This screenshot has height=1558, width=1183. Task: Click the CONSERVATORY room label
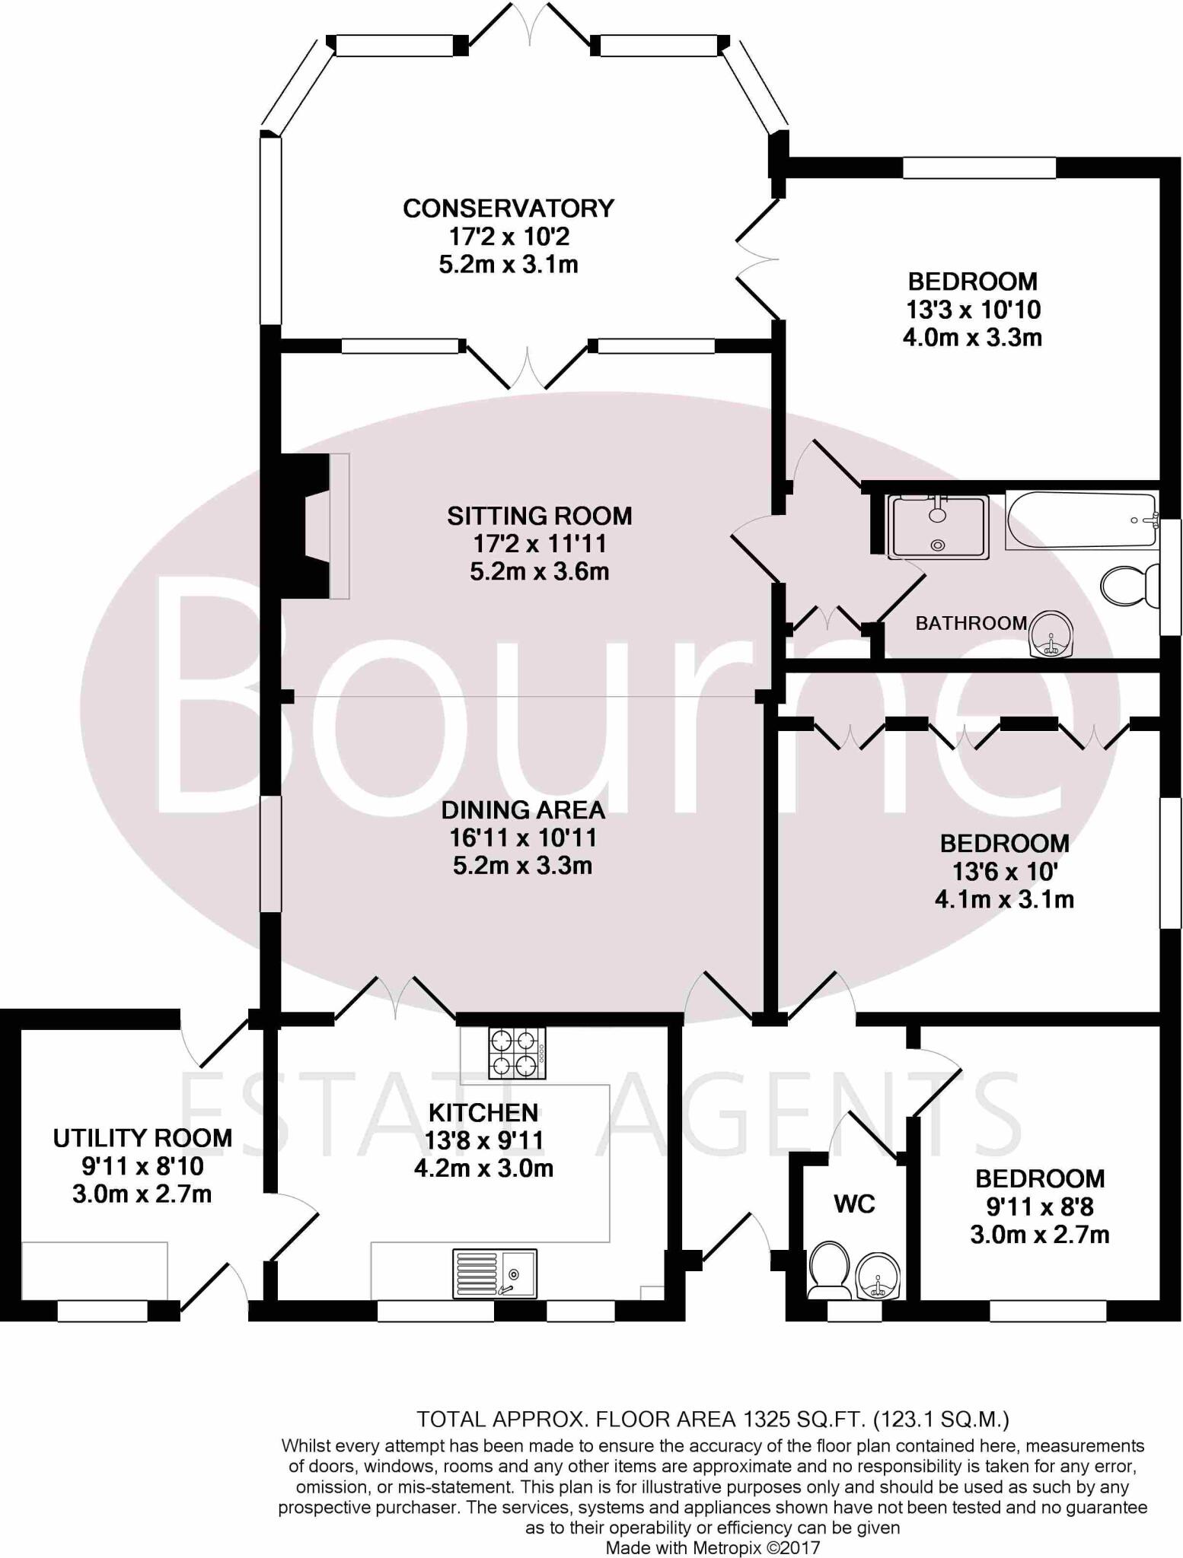click(508, 208)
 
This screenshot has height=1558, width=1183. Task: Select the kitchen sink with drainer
click(495, 1273)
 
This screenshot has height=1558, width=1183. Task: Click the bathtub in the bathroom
click(1081, 520)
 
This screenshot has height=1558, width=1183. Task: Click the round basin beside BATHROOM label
click(1051, 634)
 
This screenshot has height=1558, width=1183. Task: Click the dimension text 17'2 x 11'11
click(539, 544)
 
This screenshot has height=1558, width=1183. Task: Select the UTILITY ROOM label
click(142, 1138)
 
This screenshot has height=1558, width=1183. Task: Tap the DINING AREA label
click(523, 809)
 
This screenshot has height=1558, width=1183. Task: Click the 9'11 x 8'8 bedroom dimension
click(1039, 1207)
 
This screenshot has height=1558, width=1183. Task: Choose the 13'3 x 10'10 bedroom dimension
click(972, 310)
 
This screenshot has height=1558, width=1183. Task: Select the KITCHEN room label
click(483, 1113)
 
